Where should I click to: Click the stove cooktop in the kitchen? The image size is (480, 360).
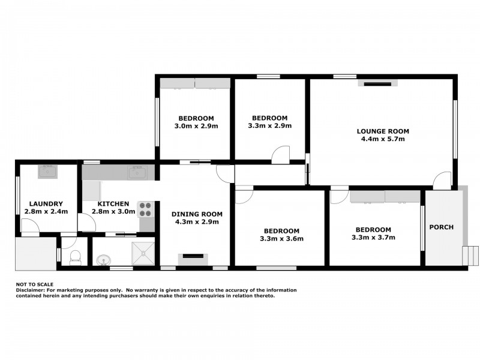(146, 209)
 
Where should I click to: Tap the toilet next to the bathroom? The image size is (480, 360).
(76, 258)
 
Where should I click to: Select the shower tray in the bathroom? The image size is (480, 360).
(142, 251)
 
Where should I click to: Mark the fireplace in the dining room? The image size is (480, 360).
(193, 259)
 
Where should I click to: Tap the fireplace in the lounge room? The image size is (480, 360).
(377, 83)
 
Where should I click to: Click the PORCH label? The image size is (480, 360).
(441, 227)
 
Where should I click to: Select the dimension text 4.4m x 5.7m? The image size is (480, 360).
(383, 139)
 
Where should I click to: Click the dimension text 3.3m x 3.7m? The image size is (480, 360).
(373, 238)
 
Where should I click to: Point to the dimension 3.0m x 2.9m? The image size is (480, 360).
(196, 126)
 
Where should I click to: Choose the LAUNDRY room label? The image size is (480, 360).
(46, 204)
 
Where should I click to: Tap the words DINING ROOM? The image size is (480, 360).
(197, 214)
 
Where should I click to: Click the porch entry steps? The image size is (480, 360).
(472, 254)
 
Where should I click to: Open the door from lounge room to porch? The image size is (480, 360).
(442, 179)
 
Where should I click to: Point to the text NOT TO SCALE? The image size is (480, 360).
(35, 284)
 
